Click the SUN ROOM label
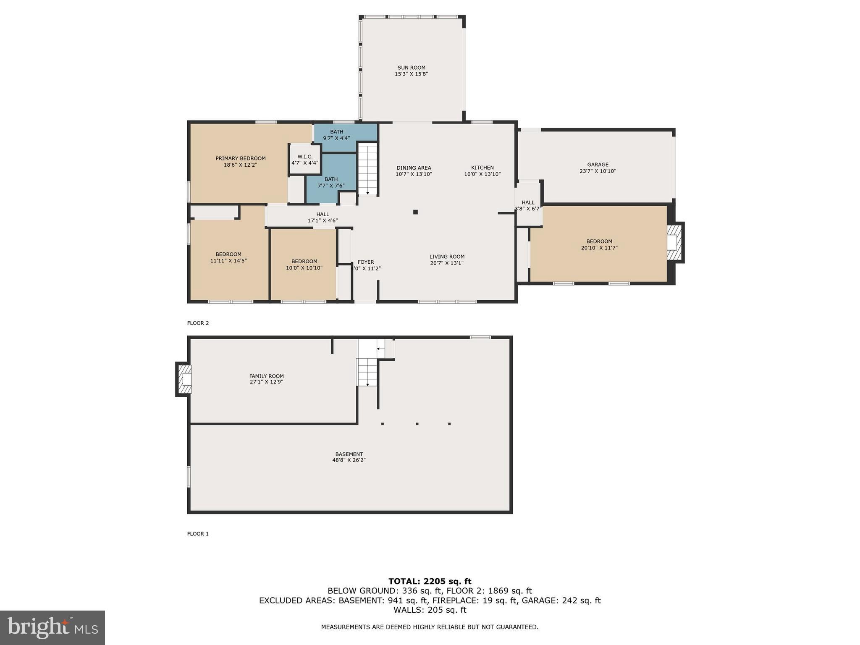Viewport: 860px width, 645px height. coord(411,71)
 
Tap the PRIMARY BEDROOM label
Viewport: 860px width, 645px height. coord(240,162)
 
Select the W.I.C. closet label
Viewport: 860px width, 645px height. coord(305,160)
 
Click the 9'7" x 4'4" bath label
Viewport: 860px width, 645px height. coord(336,135)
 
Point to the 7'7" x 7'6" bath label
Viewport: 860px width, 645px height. coord(331,182)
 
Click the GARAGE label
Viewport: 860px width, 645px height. coord(598,168)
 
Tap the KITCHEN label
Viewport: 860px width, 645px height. coord(482,170)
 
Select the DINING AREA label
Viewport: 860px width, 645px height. coord(414,170)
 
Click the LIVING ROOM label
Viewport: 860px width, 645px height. coord(447,260)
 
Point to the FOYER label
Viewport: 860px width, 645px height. coord(366,265)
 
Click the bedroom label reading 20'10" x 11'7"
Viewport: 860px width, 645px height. coord(599,244)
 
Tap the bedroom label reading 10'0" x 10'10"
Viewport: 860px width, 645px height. coord(304,264)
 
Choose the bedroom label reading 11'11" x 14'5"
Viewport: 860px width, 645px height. coord(228,257)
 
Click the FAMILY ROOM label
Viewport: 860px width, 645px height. coord(266,379)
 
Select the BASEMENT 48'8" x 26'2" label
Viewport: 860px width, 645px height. coord(349,457)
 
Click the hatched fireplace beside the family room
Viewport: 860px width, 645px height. coord(184,379)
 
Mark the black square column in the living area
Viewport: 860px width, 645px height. coord(415,212)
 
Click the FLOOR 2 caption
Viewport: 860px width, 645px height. coord(198,323)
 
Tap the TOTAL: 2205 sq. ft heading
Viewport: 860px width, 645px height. coord(430,581)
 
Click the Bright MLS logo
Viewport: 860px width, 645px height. coord(52,627)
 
